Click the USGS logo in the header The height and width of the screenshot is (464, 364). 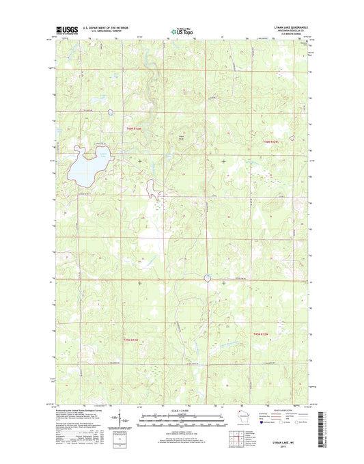(x=63, y=30)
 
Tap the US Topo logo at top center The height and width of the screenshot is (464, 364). (x=182, y=31)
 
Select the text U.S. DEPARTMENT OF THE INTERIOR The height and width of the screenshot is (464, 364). (x=106, y=27)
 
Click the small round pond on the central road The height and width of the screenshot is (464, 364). (x=207, y=277)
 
